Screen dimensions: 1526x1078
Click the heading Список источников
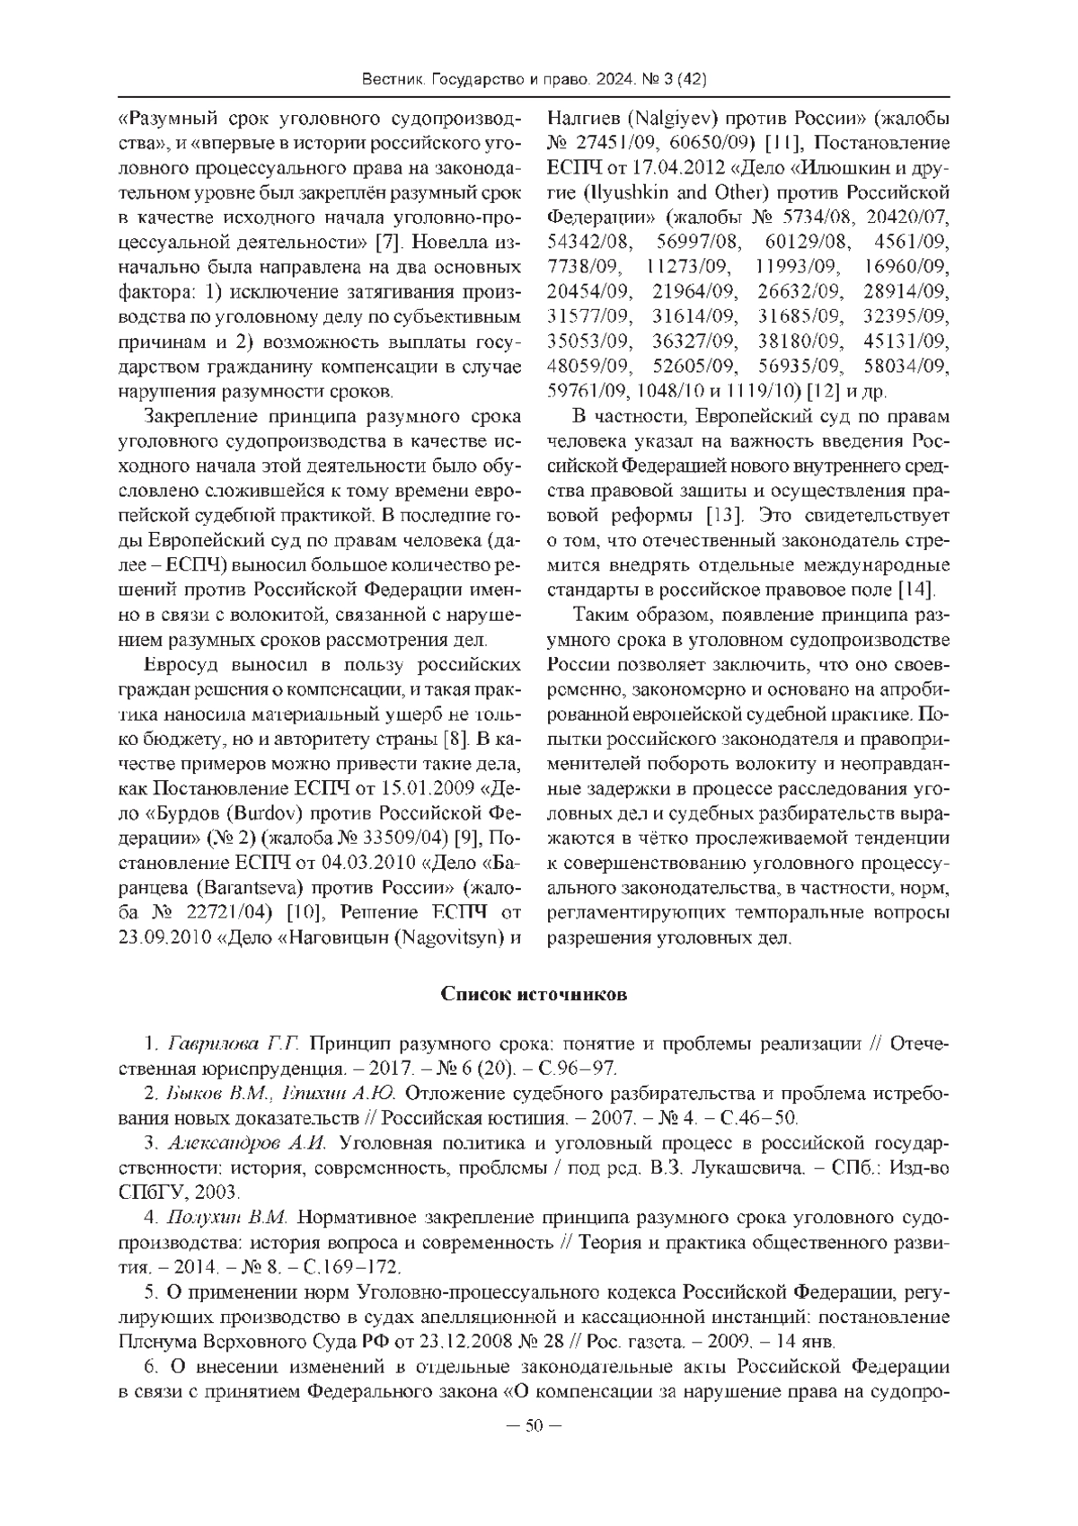point(534,995)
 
